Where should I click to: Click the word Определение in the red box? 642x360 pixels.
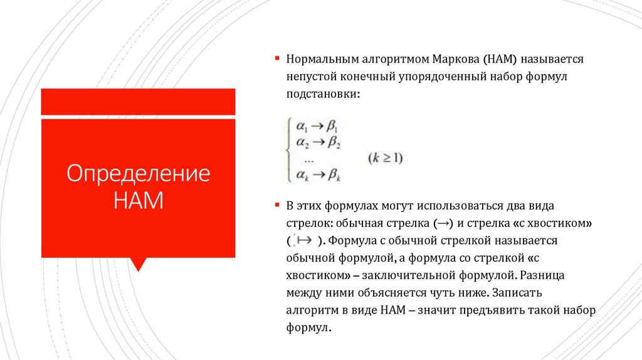pos(138,174)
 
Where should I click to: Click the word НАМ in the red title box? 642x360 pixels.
pos(138,202)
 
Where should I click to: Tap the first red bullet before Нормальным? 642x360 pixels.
pos(277,58)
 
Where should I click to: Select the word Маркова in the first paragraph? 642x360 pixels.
pos(455,59)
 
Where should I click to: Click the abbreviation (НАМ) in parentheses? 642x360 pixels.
pos(500,59)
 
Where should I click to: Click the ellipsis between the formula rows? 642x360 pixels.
pos(308,161)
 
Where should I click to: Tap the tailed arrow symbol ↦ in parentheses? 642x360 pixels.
pos(305,240)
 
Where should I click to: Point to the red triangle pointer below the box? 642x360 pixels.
pos(138,263)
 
